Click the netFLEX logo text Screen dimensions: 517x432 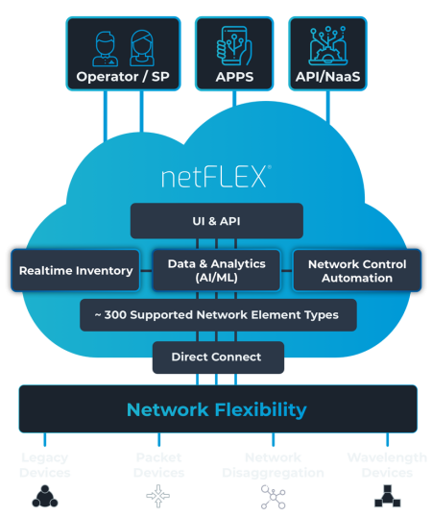(216, 177)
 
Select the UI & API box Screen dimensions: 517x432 (216, 220)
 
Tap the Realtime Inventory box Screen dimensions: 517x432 (76, 270)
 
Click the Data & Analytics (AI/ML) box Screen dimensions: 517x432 (216, 270)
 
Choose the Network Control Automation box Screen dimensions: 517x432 (357, 270)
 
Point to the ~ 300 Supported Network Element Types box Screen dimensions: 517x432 (216, 314)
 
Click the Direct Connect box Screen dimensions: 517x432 (216, 357)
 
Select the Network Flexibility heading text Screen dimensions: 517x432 (216, 409)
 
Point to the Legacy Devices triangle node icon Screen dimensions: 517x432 (43, 495)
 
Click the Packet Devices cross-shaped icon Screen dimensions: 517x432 (157, 495)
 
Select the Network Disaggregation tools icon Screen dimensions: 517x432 (273, 495)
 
